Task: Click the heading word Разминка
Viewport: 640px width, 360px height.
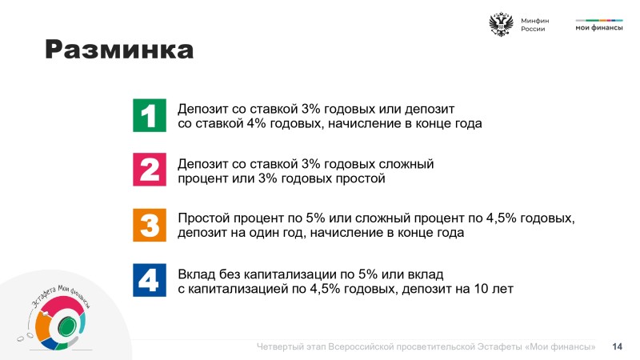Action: pyautogui.click(x=118, y=50)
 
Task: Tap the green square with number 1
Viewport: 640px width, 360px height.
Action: pyautogui.click(x=150, y=115)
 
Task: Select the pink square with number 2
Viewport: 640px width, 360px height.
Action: pyautogui.click(x=150, y=170)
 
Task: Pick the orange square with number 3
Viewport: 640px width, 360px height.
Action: pyautogui.click(x=150, y=225)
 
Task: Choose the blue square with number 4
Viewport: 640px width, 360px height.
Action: pyautogui.click(x=150, y=280)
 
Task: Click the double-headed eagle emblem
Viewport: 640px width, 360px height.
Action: pyautogui.click(x=501, y=25)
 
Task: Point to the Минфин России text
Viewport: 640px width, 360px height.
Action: pyautogui.click(x=534, y=25)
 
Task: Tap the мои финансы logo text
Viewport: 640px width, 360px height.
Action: pyautogui.click(x=598, y=28)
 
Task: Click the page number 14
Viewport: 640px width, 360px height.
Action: pyautogui.click(x=617, y=346)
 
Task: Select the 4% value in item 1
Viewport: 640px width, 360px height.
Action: pyautogui.click(x=256, y=123)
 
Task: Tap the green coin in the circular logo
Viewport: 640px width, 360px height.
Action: pyautogui.click(x=67, y=326)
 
